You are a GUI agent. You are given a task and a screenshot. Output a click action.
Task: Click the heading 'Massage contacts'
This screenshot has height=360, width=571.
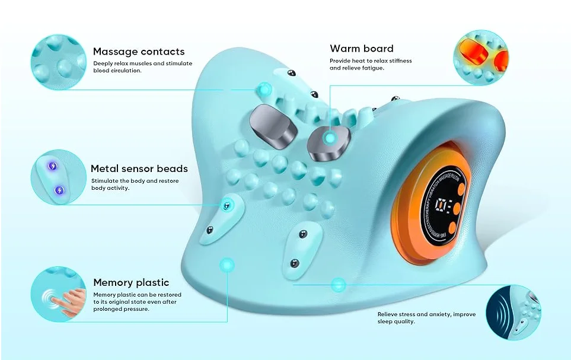click(x=138, y=52)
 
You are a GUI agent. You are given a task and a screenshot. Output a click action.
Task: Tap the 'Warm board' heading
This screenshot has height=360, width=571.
click(x=361, y=49)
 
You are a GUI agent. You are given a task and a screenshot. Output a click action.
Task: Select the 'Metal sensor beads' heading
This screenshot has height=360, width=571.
click(x=139, y=168)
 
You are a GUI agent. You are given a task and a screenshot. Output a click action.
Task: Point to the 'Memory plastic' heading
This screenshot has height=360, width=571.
click(x=131, y=282)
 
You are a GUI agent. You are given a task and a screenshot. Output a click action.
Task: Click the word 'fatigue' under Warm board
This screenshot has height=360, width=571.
click(x=371, y=68)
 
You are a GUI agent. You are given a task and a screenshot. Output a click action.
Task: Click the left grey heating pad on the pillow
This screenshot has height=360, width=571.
click(x=273, y=126)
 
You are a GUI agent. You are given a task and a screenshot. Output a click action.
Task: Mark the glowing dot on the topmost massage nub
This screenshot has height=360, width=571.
click(x=263, y=90)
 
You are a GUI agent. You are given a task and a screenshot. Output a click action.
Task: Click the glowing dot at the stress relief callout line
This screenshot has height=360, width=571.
click(x=338, y=285)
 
